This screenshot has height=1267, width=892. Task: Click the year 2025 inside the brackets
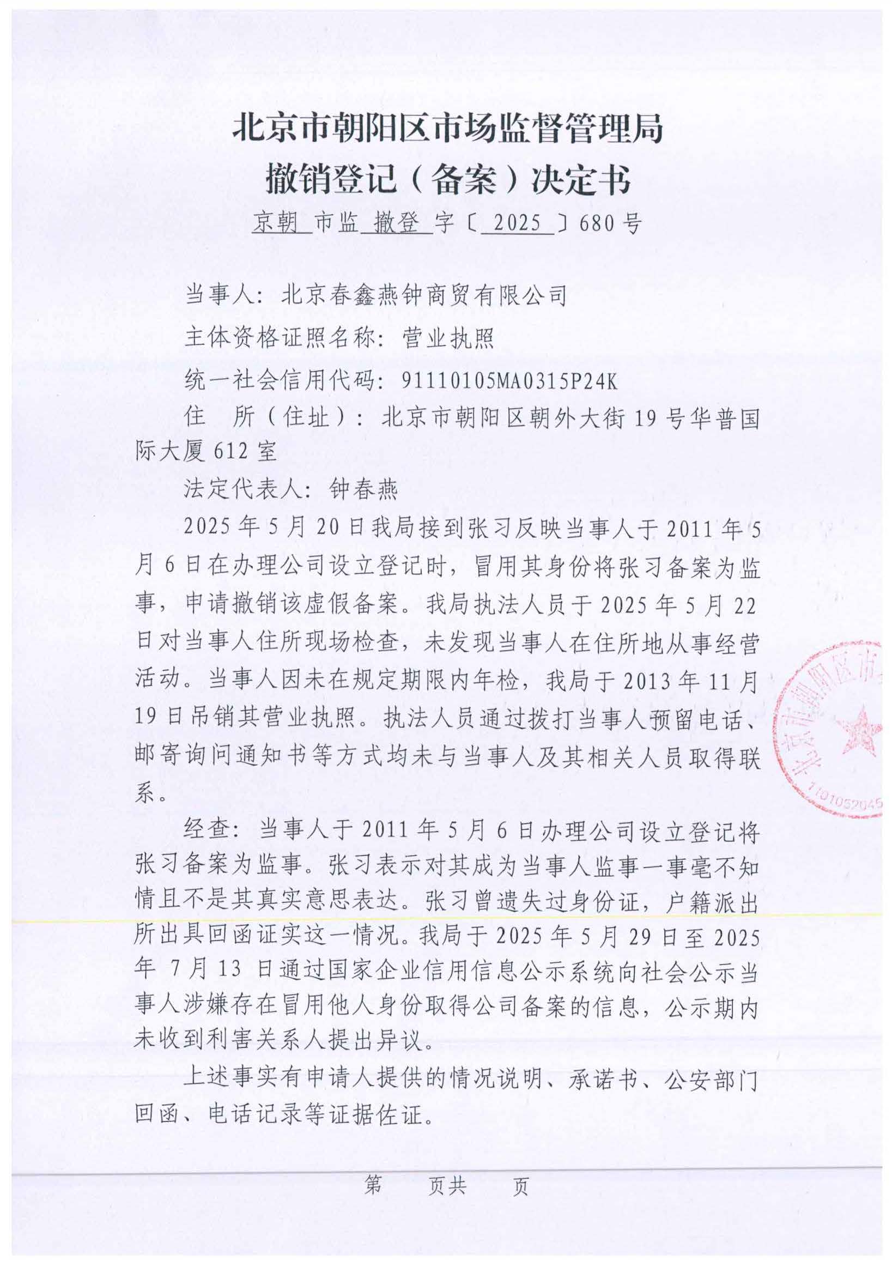pyautogui.click(x=517, y=223)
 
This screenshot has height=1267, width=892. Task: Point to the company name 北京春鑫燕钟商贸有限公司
pyautogui.click(x=423, y=296)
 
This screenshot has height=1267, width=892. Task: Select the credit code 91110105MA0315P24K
pyautogui.click(x=510, y=380)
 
